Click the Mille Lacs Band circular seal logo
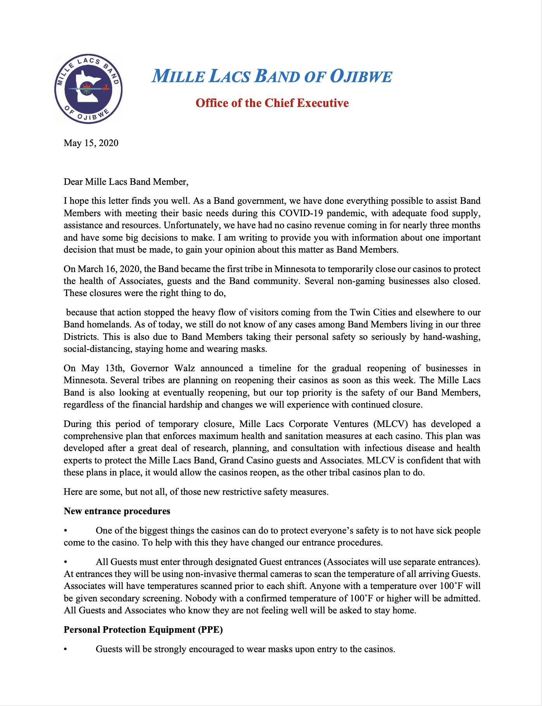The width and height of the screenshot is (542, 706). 88,89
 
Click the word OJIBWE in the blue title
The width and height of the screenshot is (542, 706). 361,76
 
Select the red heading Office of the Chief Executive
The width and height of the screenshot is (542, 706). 272,103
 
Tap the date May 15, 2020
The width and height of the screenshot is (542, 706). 91,143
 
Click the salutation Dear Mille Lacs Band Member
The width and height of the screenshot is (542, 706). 126,181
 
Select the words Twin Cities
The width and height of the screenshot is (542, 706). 373,312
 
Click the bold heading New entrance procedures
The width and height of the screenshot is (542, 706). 117,511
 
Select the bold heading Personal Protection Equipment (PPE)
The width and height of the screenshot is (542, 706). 143,630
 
